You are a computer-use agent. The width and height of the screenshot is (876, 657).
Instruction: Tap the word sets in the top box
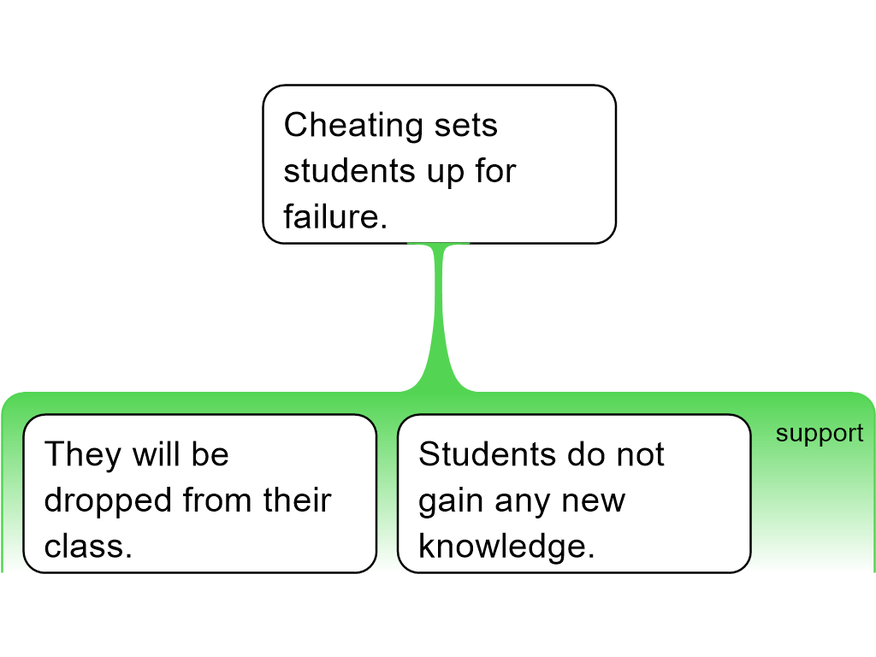[x=465, y=127]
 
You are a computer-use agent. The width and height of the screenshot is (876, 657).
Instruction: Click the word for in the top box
[x=495, y=171]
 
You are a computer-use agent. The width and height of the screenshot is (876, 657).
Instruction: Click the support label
[x=819, y=435]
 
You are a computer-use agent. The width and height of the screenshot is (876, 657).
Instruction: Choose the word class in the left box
[x=85, y=546]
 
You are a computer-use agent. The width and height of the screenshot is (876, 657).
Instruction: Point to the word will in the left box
[x=154, y=454]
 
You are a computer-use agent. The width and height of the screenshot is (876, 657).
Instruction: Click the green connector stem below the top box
[x=439, y=317]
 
